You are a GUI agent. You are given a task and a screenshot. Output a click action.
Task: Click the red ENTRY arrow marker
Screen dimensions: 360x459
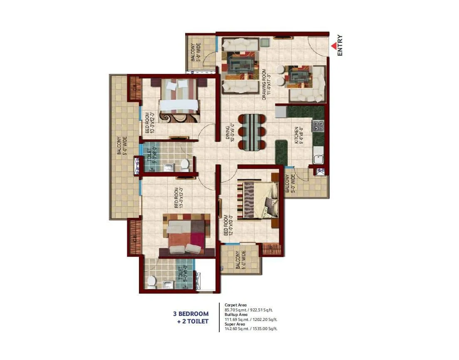334,47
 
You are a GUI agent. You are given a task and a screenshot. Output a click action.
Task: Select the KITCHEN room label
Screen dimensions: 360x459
297,135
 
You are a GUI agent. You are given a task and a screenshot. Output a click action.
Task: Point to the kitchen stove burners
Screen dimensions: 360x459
318,126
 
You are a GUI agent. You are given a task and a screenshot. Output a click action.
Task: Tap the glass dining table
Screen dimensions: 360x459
252,132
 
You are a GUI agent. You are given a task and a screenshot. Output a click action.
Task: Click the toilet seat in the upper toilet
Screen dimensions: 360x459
184,165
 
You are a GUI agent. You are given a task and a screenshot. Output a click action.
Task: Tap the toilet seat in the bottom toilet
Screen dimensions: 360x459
151,281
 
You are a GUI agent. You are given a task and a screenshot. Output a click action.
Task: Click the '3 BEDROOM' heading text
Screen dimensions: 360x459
191,314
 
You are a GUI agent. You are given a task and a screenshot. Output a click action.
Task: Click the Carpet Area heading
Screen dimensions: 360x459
236,305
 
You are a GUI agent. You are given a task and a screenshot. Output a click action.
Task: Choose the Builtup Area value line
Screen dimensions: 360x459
251,319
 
